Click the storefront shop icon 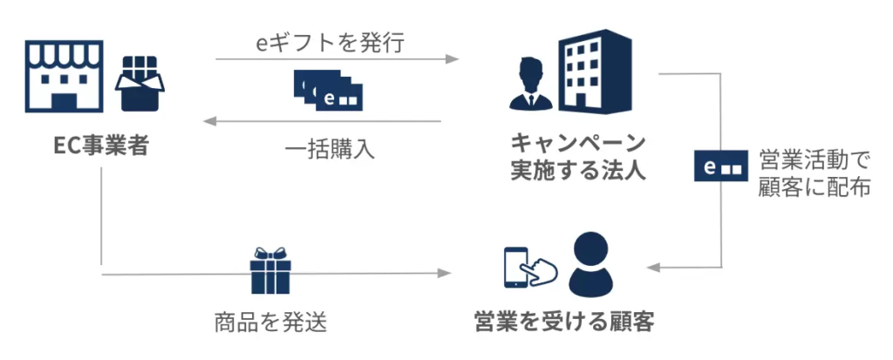(66, 76)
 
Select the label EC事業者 (100, 144)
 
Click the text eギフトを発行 (330, 43)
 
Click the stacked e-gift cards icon (329, 89)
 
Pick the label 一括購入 (330, 149)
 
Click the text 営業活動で (815, 159)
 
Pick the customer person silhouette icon (592, 263)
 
